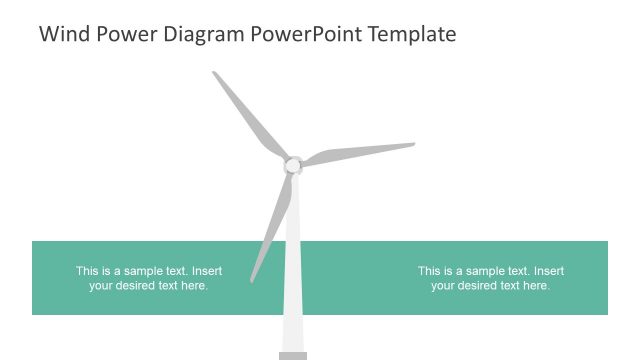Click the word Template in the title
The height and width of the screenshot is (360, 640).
tap(412, 34)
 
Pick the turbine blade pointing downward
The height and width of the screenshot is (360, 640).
tap(272, 225)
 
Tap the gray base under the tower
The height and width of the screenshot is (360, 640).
tap(293, 355)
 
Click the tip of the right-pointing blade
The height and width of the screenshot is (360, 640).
tap(412, 144)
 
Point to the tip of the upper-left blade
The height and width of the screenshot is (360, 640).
tap(215, 73)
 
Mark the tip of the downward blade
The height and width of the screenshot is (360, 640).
tap(252, 280)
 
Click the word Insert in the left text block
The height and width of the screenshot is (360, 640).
tap(207, 271)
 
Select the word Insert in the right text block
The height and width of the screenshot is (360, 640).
tap(549, 271)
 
